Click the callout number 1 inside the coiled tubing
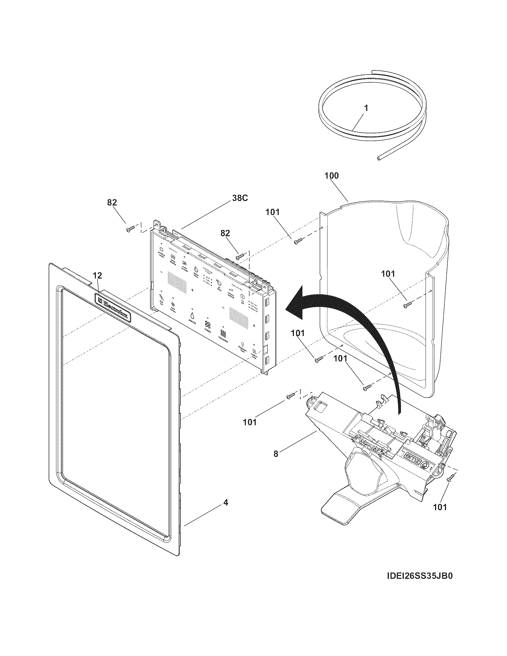(366, 109)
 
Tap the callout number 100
(331, 176)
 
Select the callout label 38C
(240, 198)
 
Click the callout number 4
(225, 502)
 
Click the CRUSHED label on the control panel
(223, 342)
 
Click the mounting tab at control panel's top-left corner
(157, 223)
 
